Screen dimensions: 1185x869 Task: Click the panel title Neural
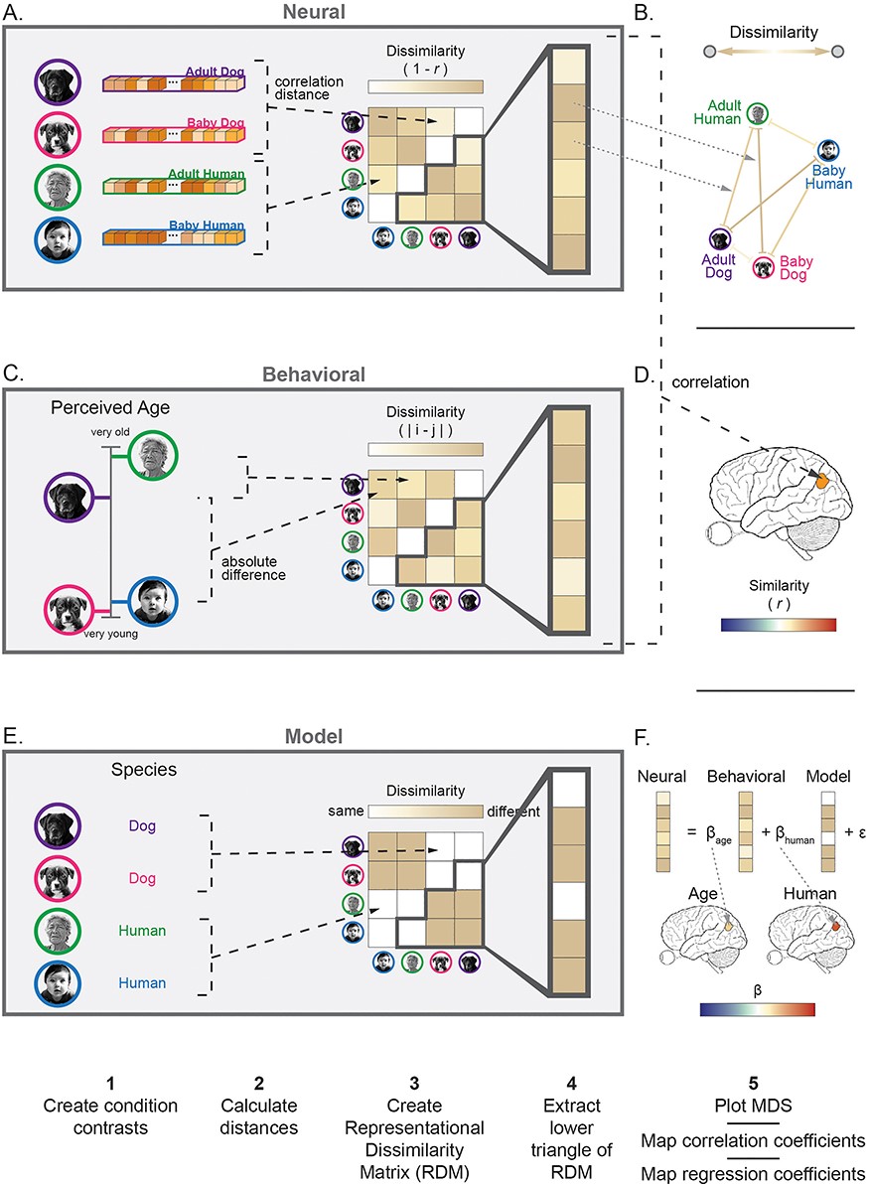point(312,13)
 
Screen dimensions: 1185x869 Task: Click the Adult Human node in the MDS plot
point(758,113)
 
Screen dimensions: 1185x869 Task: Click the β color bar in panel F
point(757,1010)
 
